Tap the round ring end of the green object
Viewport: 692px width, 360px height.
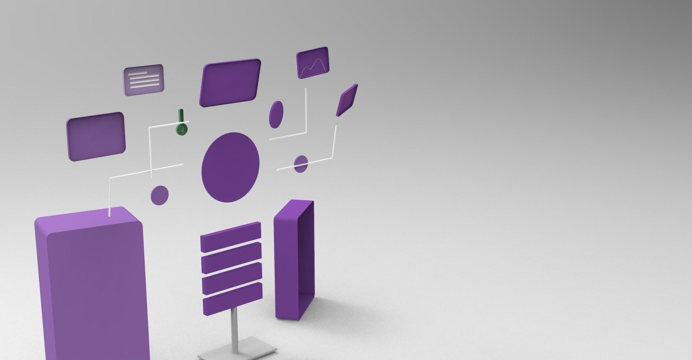(x=181, y=129)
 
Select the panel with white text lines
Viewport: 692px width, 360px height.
(x=144, y=80)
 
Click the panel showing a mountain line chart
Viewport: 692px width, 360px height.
(x=313, y=62)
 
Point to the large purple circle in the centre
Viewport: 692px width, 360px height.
(x=230, y=167)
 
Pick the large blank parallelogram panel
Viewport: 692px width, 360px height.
(x=230, y=83)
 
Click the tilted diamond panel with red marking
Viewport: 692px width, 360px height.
(x=347, y=100)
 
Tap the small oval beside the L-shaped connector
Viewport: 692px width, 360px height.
(x=276, y=114)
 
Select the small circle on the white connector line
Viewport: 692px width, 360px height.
(x=301, y=164)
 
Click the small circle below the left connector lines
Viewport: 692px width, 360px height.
(x=160, y=195)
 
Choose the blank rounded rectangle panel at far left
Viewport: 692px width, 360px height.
(x=96, y=136)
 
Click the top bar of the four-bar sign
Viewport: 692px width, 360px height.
(x=231, y=237)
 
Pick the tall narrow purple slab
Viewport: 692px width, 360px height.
(x=294, y=260)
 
